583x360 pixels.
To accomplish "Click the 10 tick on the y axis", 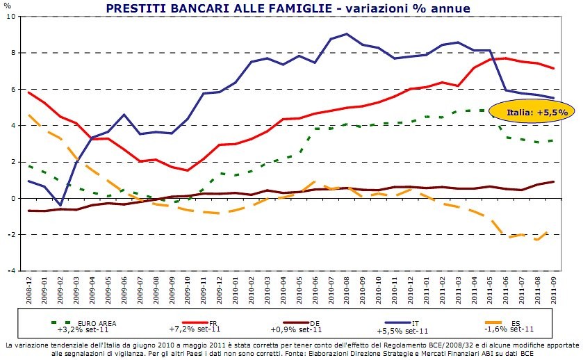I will [13, 16].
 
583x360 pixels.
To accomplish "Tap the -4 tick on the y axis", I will [13, 270].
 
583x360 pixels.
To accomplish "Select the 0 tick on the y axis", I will [14, 198].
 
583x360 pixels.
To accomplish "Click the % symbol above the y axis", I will [8, 6].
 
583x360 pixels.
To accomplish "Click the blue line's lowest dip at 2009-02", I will [59, 206].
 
